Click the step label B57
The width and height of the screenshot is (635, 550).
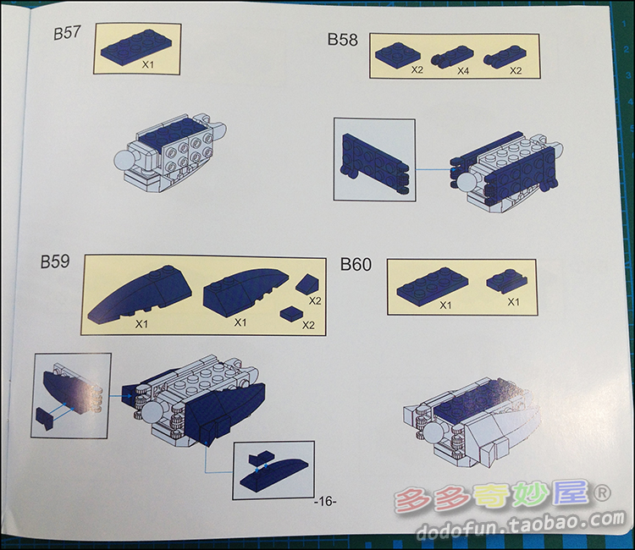tap(67, 32)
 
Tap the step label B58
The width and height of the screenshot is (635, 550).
tap(343, 40)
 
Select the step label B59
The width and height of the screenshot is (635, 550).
tap(55, 261)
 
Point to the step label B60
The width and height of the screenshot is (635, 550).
tap(356, 264)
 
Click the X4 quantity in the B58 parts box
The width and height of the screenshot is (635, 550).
tap(463, 71)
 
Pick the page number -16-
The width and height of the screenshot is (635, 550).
tap(325, 502)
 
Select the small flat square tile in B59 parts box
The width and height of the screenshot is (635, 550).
tap(291, 314)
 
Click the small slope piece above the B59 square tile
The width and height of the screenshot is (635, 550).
tap(308, 283)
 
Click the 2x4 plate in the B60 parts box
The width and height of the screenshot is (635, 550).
tap(433, 285)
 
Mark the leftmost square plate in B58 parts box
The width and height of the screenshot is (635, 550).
tap(398, 54)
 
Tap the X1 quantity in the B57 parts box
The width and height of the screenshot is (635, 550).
tap(148, 64)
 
